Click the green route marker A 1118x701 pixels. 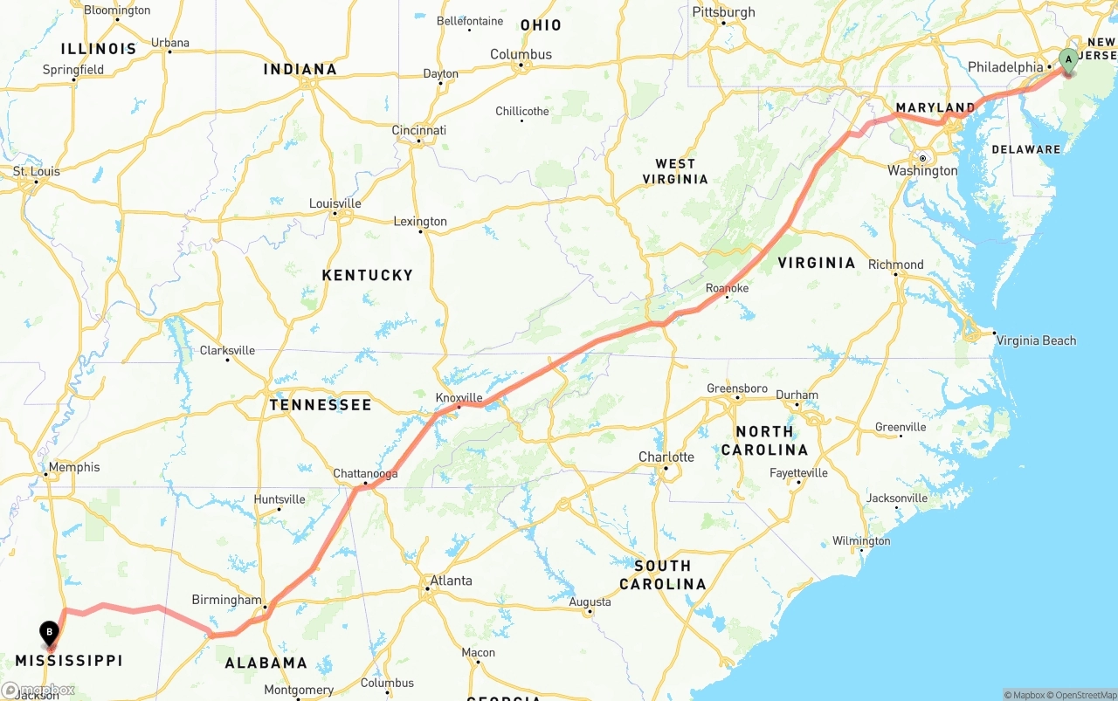click(1067, 61)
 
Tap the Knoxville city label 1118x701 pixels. click(459, 397)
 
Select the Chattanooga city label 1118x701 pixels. click(365, 474)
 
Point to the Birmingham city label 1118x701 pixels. click(226, 600)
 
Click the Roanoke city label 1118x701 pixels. click(727, 288)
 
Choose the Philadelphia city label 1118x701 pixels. click(1005, 67)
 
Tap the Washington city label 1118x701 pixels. click(922, 170)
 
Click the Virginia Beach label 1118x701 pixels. click(1036, 340)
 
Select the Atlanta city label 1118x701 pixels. click(451, 581)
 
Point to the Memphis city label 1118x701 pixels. click(74, 467)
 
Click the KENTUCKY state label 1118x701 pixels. click(367, 275)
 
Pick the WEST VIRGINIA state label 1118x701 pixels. click(675, 171)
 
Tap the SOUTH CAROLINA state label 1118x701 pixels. click(663, 574)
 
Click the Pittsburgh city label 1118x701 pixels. click(723, 12)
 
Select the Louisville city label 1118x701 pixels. click(335, 203)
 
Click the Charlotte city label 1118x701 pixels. click(666, 457)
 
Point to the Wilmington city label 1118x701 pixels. click(861, 541)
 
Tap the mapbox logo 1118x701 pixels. click(38, 690)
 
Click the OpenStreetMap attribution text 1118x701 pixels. click(1082, 695)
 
